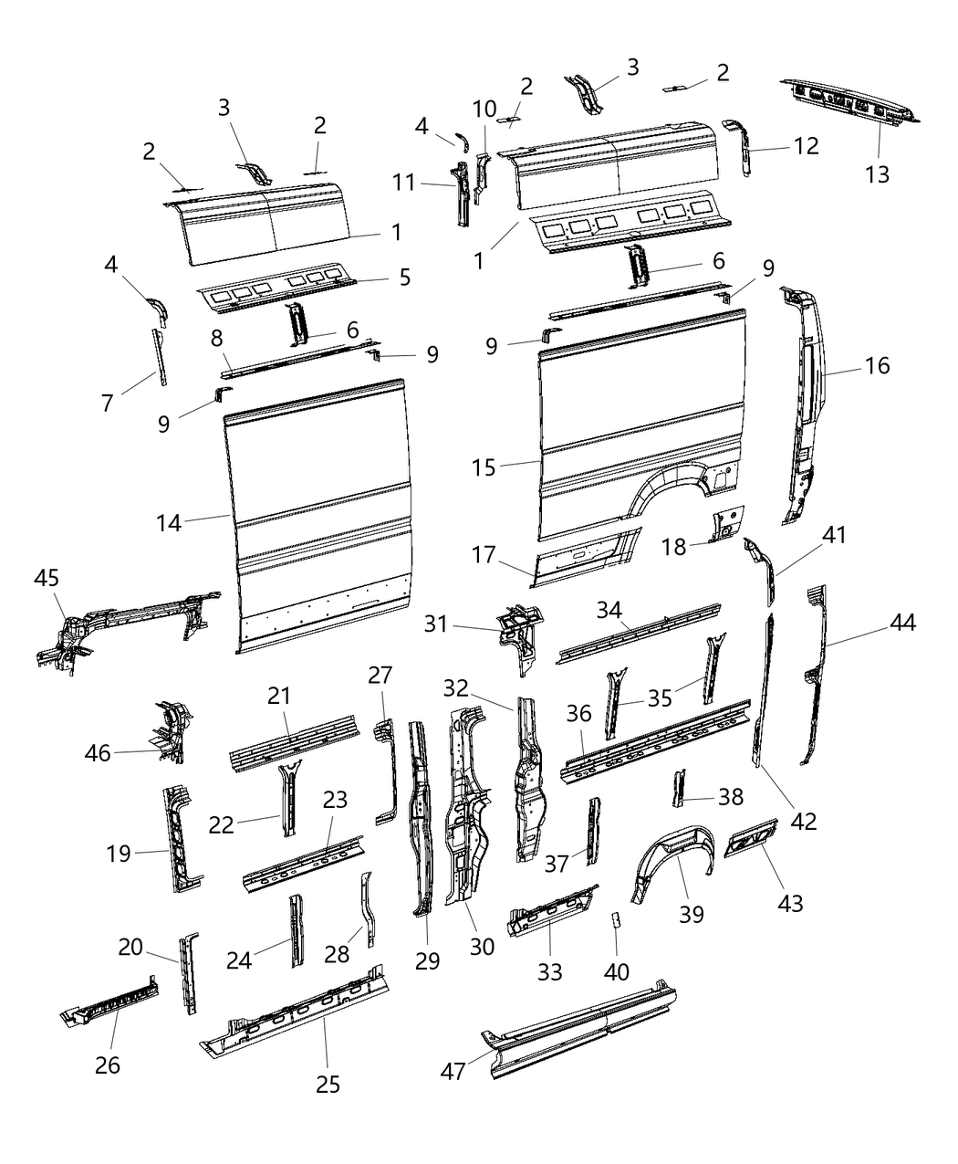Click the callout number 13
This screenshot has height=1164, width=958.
tap(877, 173)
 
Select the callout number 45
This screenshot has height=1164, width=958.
tap(47, 578)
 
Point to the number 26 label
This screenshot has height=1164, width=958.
tap(108, 1064)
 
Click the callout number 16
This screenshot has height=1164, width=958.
tap(877, 366)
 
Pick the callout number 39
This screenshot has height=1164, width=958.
tap(692, 913)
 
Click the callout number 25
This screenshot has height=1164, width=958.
tap(328, 1084)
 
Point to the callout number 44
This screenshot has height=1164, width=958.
tap(902, 624)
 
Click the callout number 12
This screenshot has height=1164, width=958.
tap(806, 145)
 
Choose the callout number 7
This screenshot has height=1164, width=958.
tap(108, 402)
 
